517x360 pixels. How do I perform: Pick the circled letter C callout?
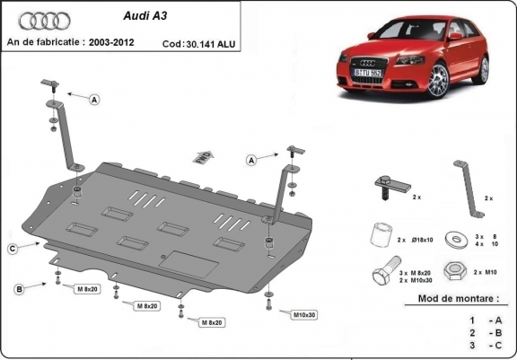coord(13,249)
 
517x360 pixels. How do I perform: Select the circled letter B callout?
coord(18,288)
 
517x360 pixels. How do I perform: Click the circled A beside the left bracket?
coord(93,101)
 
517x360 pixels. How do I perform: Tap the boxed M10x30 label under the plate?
coord(307,314)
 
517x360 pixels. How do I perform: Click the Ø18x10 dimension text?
coord(423,241)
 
